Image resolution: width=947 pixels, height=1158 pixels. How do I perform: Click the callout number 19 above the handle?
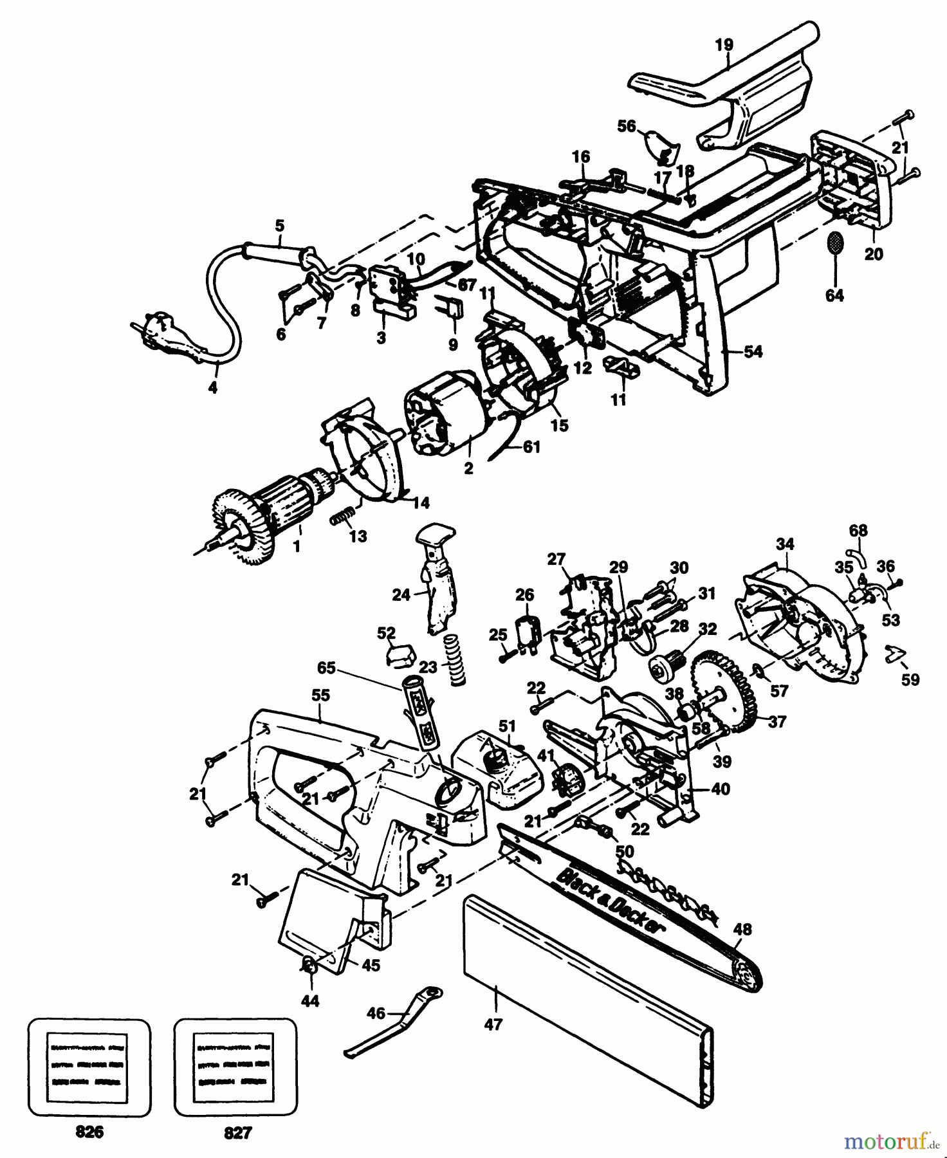pyautogui.click(x=724, y=44)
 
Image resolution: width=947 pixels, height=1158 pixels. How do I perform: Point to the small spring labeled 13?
pyautogui.click(x=342, y=516)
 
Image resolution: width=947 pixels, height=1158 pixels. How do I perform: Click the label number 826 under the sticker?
pyautogui.click(x=89, y=1132)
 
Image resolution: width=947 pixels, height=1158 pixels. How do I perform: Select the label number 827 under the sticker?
pyautogui.click(x=237, y=1132)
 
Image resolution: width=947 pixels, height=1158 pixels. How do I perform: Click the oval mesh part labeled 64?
pyautogui.click(x=835, y=243)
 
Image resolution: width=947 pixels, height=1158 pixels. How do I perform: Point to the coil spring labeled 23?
pyautogui.click(x=455, y=660)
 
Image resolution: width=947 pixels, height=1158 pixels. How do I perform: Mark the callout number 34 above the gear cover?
pyautogui.click(x=785, y=544)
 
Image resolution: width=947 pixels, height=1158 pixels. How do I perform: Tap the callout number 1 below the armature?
pyautogui.click(x=297, y=547)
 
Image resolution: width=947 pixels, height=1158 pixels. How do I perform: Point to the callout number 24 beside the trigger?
pyautogui.click(x=401, y=595)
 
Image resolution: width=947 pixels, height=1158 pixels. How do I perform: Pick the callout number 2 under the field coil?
pyautogui.click(x=468, y=469)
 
